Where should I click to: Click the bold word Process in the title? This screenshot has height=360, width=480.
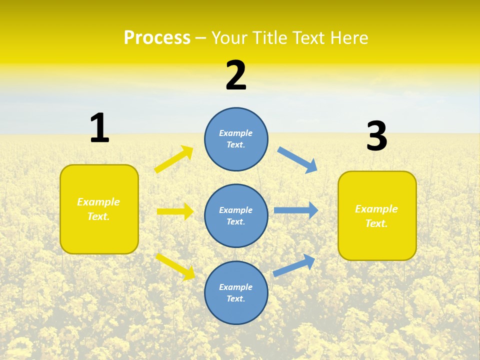[x=157, y=37]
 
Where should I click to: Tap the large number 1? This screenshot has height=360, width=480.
[x=99, y=128]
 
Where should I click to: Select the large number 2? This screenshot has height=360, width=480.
[x=236, y=75]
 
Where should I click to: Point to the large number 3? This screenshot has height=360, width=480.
[x=376, y=136]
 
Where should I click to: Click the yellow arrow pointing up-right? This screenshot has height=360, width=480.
[x=174, y=159]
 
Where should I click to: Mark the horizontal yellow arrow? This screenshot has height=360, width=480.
[x=175, y=211]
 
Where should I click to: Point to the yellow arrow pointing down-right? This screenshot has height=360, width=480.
[x=175, y=266]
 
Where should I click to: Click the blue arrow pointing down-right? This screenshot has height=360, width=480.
[x=297, y=159]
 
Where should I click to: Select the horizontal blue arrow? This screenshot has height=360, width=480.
[x=295, y=210]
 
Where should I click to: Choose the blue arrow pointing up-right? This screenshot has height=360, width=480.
[x=294, y=265]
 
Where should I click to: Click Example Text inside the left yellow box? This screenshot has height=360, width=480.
[x=98, y=209]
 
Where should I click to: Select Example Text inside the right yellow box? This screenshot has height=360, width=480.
[x=376, y=216]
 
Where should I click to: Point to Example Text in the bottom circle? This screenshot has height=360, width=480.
[x=236, y=292]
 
